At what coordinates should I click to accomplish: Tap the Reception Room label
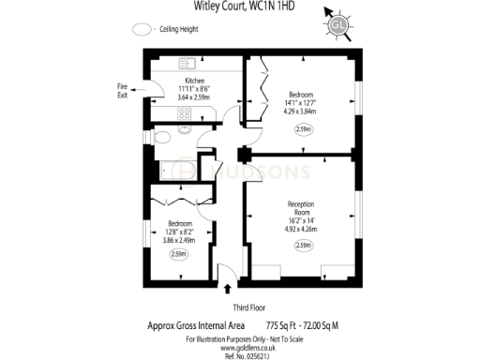tap(301, 208)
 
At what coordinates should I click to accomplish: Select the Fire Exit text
tap(123, 91)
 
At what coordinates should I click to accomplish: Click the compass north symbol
tap(338, 18)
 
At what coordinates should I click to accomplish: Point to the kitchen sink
tap(185, 63)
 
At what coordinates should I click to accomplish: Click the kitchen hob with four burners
tap(184, 113)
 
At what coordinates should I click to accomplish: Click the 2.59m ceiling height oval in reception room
tap(302, 246)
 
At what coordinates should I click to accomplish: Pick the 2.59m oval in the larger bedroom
tap(303, 129)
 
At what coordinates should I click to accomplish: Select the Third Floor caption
tap(246, 307)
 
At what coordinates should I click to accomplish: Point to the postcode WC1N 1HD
tap(270, 7)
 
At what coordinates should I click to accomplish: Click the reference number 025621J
tap(245, 354)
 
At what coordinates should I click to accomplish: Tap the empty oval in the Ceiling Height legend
tap(144, 30)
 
